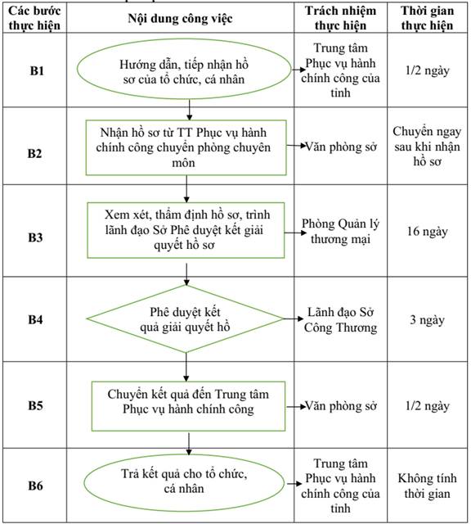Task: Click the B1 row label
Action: click(x=37, y=71)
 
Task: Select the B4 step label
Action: click(x=35, y=319)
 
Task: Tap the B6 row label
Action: click(x=35, y=486)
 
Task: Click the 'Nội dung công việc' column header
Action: click(x=180, y=19)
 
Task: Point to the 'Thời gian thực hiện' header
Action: click(x=428, y=18)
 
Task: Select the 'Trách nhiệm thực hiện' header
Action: click(x=340, y=18)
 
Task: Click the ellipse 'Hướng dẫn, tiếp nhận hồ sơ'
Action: click(x=184, y=69)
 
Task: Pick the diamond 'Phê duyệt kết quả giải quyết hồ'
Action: click(x=186, y=318)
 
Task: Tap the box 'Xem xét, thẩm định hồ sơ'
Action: click(x=186, y=230)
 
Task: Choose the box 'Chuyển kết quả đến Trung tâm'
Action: click(x=189, y=406)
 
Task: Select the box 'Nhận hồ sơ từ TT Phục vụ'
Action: click(x=186, y=147)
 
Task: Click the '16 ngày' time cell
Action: click(x=428, y=232)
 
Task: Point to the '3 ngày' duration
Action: click(x=428, y=320)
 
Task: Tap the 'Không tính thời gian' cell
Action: click(x=428, y=486)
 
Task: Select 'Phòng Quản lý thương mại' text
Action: click(x=340, y=232)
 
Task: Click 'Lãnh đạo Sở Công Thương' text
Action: click(x=340, y=320)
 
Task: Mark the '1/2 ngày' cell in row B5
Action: click(x=428, y=406)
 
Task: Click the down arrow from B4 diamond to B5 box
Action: click(x=186, y=368)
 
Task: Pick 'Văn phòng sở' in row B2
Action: click(x=341, y=147)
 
